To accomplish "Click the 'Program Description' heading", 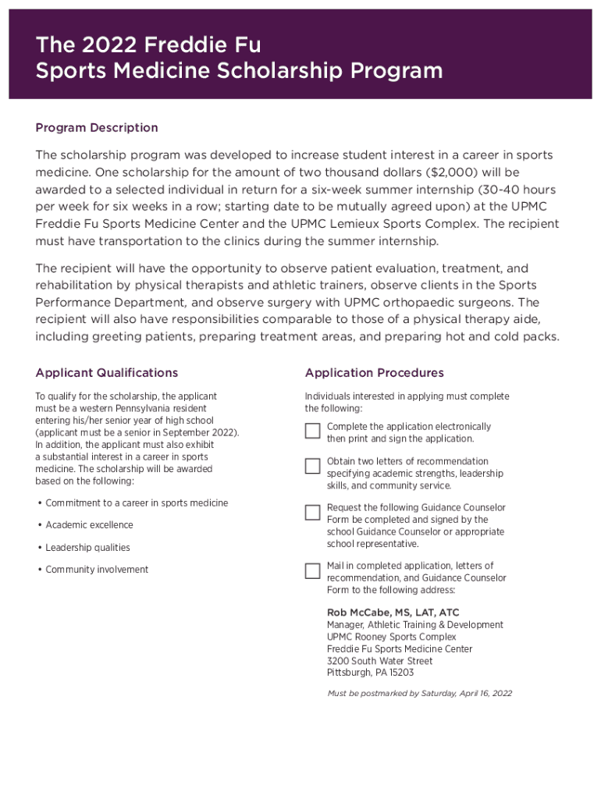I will coord(97,128).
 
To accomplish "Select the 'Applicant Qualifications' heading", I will coord(107,373).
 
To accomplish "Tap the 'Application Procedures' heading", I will coord(375,373).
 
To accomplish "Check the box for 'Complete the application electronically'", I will coord(312,431).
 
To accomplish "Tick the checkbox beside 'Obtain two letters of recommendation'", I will coord(312,466).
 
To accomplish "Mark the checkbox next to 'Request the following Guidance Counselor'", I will coord(312,512).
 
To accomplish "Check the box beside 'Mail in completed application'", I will coord(312,570).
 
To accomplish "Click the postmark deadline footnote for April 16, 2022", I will coord(420,693).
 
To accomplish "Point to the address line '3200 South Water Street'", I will coord(379,661).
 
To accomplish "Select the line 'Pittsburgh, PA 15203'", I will coord(370,673).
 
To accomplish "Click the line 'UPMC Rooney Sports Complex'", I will coord(391,637).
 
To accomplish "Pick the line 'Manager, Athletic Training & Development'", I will coord(414,625).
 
